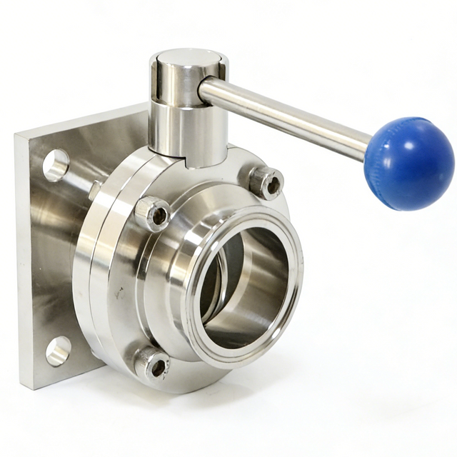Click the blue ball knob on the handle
point(408,164)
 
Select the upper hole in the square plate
point(56,165)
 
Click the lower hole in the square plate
point(59,351)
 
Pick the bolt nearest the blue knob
point(267,182)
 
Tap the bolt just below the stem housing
point(153,213)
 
